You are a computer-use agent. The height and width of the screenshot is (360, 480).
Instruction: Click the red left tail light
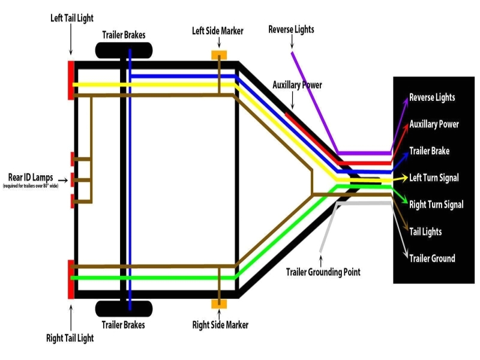[x=71, y=80]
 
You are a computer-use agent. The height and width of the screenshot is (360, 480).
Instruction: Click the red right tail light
[x=71, y=279]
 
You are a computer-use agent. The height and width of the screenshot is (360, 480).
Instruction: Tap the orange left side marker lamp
[x=219, y=55]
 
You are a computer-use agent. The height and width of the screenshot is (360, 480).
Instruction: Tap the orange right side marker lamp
[x=219, y=304]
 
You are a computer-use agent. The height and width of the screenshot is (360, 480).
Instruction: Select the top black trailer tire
[x=124, y=51]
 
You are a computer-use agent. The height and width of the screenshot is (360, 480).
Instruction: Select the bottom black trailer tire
[x=124, y=308]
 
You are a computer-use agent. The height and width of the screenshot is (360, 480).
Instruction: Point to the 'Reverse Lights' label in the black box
[x=432, y=98]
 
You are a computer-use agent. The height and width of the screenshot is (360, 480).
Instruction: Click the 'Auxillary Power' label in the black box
[x=434, y=124]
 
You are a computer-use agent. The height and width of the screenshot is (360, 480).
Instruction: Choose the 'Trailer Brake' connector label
[x=429, y=151]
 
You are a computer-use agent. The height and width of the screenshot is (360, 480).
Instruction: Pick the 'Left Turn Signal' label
[x=434, y=178]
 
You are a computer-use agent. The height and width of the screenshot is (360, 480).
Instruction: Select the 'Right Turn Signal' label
[x=436, y=205]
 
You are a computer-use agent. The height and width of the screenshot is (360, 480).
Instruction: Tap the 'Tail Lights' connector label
[x=425, y=232]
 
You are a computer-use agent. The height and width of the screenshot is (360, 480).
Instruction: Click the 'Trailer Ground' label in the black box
[x=432, y=259]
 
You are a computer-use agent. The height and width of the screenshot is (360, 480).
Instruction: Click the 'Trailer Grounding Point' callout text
[x=323, y=272]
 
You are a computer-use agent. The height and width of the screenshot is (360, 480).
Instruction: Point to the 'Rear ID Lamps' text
[x=30, y=178]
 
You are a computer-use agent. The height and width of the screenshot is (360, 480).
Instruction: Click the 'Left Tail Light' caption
[x=71, y=18]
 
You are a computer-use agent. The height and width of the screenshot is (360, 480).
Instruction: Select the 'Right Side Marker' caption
[x=220, y=325]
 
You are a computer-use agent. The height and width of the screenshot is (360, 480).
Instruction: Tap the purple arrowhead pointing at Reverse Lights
[x=406, y=99]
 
